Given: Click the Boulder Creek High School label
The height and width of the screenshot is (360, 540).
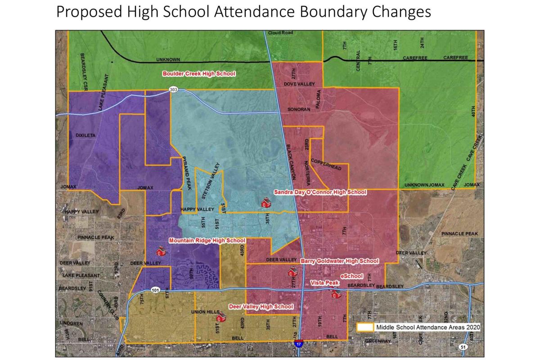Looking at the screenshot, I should pyautogui.click(x=199, y=73).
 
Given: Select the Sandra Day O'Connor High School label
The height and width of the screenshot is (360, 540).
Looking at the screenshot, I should pyautogui.click(x=320, y=193).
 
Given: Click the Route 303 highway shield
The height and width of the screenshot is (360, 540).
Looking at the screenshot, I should pyautogui.click(x=174, y=90).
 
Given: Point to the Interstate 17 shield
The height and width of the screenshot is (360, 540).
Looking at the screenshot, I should pyautogui.click(x=299, y=343).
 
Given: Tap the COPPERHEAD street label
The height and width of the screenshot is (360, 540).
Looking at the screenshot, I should pyautogui.click(x=326, y=164).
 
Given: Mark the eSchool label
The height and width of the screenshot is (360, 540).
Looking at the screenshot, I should pyautogui.click(x=352, y=275).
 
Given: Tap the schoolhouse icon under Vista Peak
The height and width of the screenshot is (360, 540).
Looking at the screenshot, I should pyautogui.click(x=335, y=293).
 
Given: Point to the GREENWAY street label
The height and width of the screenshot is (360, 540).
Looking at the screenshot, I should pyautogui.click(x=378, y=341).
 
